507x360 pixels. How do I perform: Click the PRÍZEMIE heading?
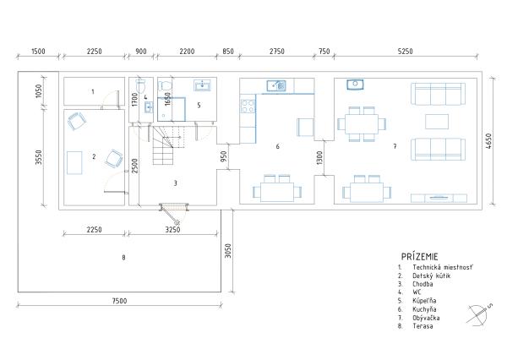[420, 257]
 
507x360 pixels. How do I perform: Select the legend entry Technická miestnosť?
[443, 268]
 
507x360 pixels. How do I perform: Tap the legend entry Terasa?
[422, 326]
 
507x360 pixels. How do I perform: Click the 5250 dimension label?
[405, 51]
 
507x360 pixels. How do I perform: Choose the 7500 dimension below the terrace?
[119, 301]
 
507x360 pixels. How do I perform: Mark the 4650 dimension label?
[488, 141]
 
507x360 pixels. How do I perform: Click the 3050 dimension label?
[228, 251]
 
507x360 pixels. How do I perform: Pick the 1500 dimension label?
[38, 51]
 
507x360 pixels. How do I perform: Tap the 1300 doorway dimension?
[319, 158]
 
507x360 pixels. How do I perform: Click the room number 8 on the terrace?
[123, 258]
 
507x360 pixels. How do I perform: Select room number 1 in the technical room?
[93, 91]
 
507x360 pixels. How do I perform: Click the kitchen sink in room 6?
[276, 85]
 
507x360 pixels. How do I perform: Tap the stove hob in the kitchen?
[248, 106]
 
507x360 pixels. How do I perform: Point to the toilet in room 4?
[140, 85]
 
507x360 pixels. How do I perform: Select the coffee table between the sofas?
[437, 122]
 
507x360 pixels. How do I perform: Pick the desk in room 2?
[74, 162]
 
